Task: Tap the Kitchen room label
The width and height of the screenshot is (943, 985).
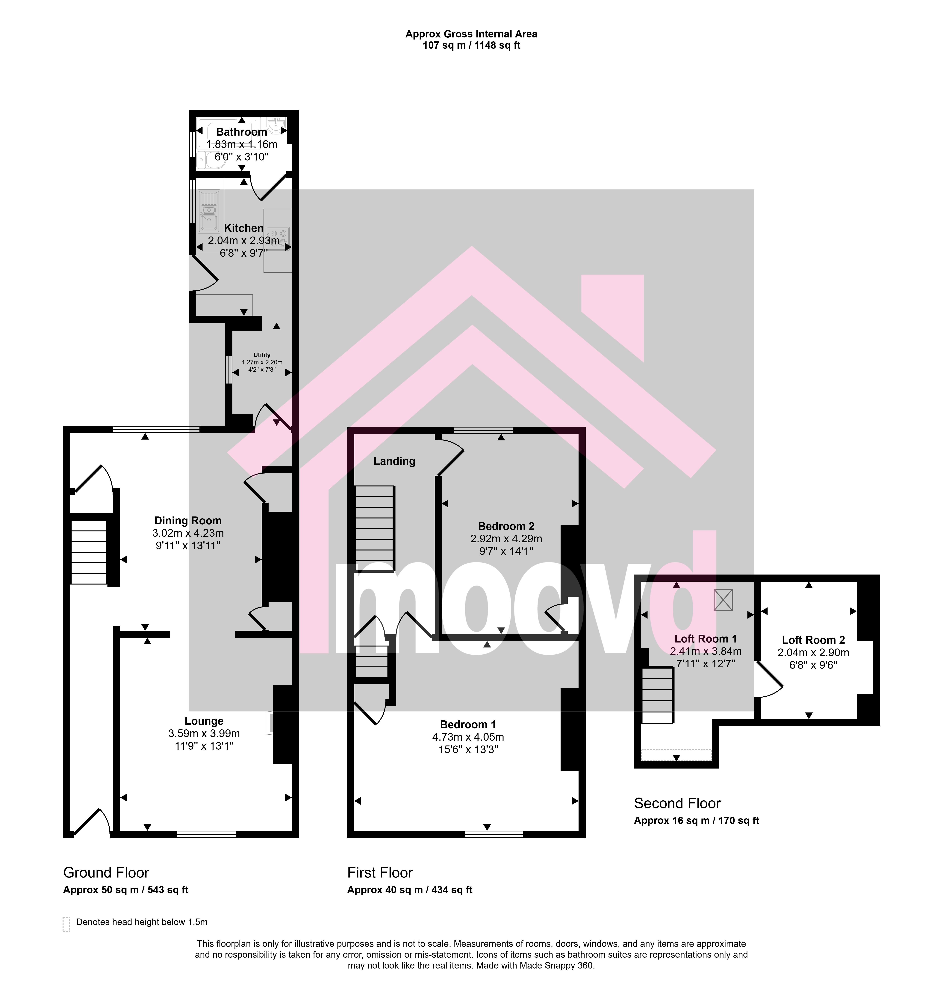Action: pyautogui.click(x=244, y=228)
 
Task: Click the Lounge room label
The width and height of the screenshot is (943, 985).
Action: pyautogui.click(x=204, y=721)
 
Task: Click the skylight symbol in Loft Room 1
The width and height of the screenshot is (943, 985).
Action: pyautogui.click(x=723, y=600)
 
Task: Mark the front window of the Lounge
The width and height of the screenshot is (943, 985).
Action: pyautogui.click(x=207, y=834)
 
